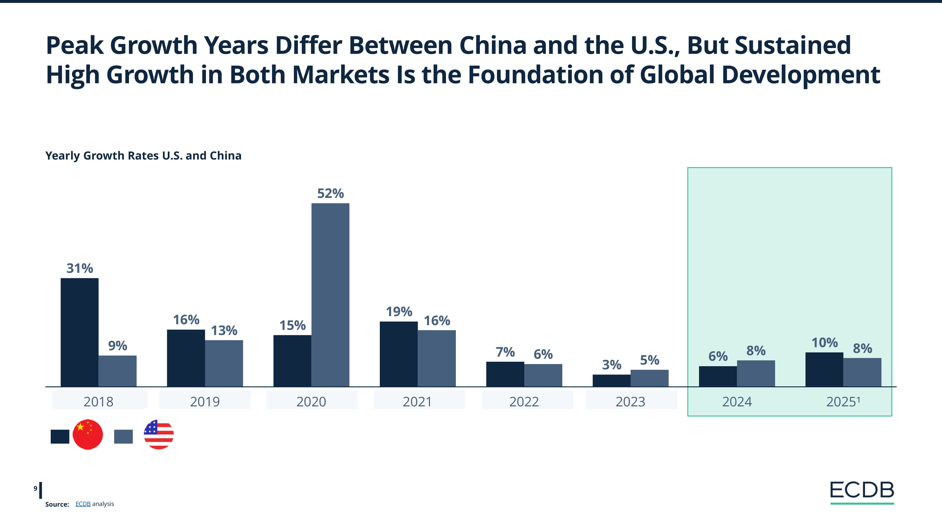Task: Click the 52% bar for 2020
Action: [330, 294]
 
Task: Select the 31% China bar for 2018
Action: [79, 332]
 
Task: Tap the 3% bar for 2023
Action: [611, 380]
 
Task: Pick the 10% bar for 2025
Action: [824, 369]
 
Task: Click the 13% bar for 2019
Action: [224, 363]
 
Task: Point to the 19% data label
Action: [399, 312]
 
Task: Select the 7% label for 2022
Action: [505, 352]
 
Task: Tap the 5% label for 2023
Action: [649, 361]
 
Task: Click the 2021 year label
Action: [417, 402]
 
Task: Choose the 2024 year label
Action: [737, 402]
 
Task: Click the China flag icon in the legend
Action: [88, 435]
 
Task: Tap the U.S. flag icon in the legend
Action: [159, 435]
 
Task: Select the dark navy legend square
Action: [60, 437]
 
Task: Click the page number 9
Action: [35, 488]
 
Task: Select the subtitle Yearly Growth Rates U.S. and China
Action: [143, 156]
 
